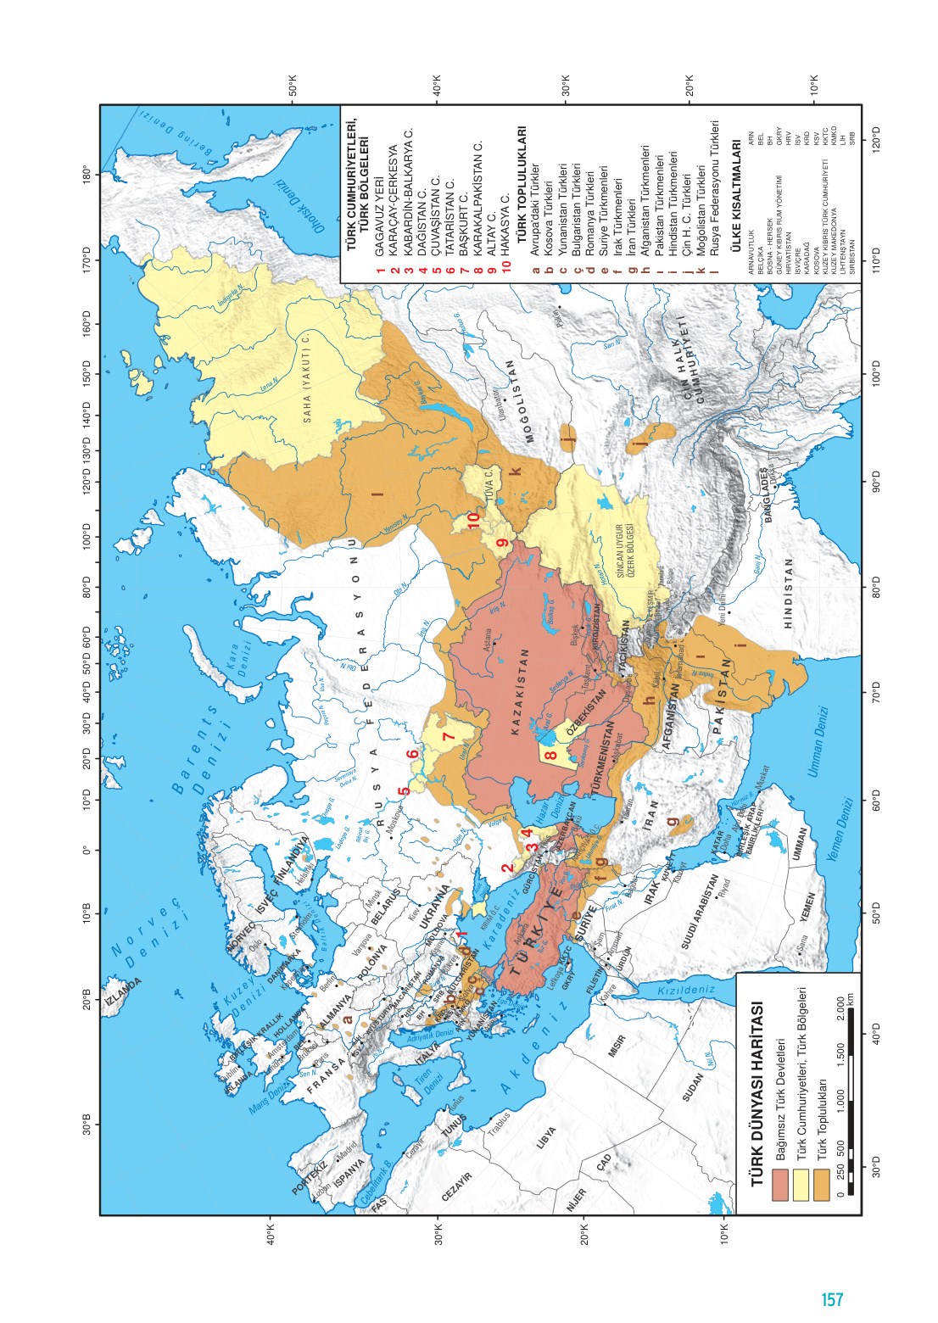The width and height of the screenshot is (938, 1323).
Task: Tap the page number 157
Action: [832, 1298]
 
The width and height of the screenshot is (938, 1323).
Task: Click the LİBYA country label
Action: [546, 1136]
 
